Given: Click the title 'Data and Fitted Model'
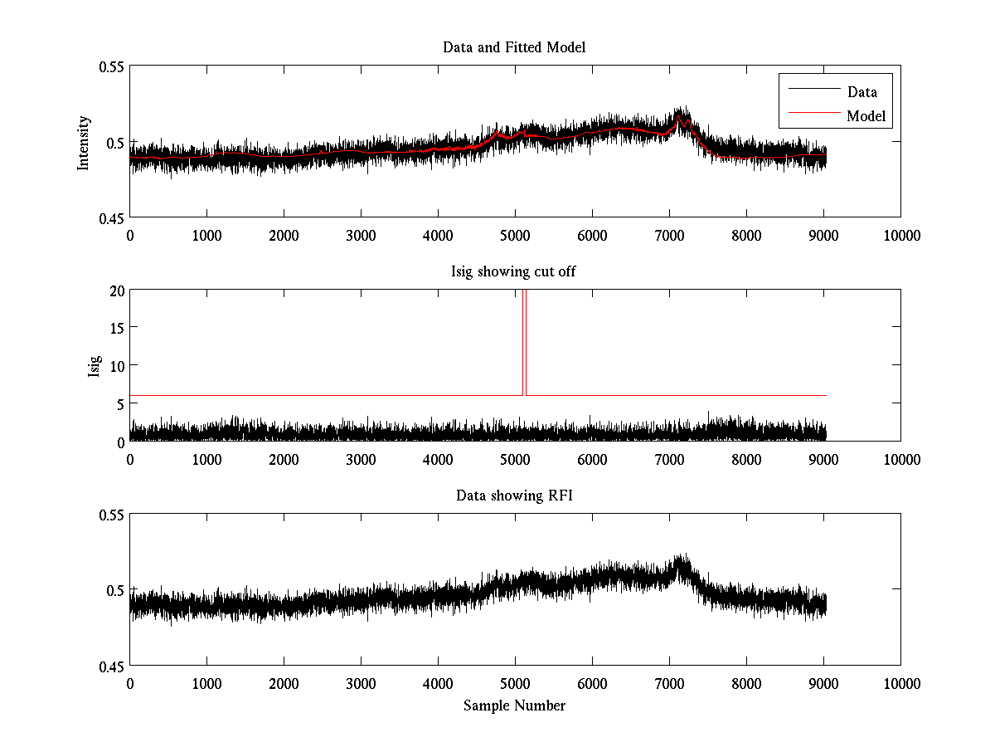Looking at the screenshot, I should tap(514, 47).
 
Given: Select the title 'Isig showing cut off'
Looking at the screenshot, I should tap(514, 271).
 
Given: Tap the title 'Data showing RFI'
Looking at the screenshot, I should tap(514, 496).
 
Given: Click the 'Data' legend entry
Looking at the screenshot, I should tap(862, 92).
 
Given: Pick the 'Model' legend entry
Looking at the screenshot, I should tap(866, 116).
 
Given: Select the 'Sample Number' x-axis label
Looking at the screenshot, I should tap(514, 705).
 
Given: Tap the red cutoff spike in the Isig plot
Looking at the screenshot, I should tap(524, 340).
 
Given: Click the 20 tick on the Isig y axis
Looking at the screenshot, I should tap(116, 290).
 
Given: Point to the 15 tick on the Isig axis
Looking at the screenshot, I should tap(116, 328).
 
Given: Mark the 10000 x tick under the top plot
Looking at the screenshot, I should tap(900, 235).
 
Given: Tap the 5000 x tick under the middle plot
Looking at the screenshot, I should tap(515, 459).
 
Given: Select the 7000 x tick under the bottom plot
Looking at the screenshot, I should tap(669, 683).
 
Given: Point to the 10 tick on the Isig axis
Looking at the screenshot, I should tap(116, 366).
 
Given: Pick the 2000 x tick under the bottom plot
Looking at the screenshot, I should tap(284, 683).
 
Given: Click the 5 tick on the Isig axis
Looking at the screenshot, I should tap(119, 404).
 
